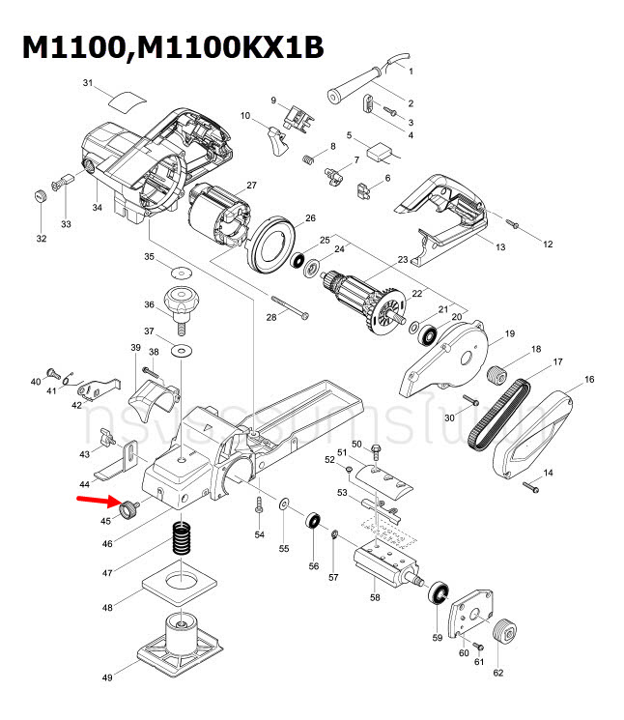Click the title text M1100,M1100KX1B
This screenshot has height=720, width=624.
click(x=173, y=48)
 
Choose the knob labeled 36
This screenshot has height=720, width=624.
click(x=182, y=301)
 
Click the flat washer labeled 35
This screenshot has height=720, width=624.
click(x=181, y=267)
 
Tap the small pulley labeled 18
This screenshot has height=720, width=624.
click(x=498, y=372)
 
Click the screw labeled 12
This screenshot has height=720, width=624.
click(x=514, y=225)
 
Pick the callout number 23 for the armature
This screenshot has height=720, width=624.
click(x=403, y=259)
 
